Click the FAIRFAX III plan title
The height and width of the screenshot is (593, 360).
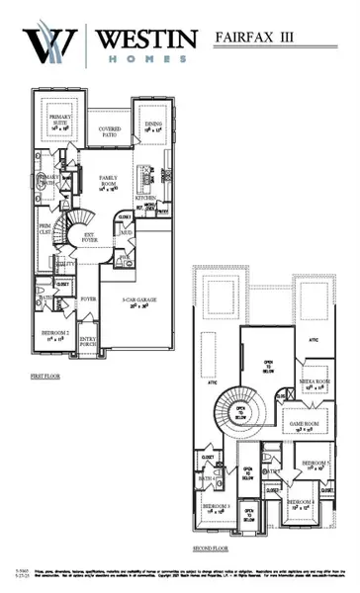(x=265, y=38)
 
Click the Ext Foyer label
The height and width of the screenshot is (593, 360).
(x=89, y=237)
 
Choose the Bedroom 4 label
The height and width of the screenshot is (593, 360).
(x=301, y=506)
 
